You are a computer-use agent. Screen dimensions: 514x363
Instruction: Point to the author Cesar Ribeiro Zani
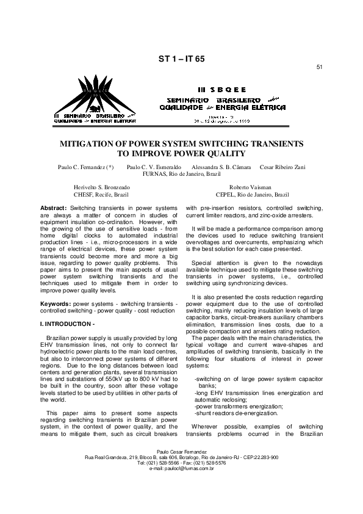[x=282, y=167]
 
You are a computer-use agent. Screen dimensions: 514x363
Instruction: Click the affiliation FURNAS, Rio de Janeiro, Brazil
[x=181, y=174]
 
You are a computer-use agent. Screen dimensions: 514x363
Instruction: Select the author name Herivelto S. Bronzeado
[x=101, y=187]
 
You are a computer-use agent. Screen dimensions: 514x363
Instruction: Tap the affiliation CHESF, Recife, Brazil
[x=101, y=195]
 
